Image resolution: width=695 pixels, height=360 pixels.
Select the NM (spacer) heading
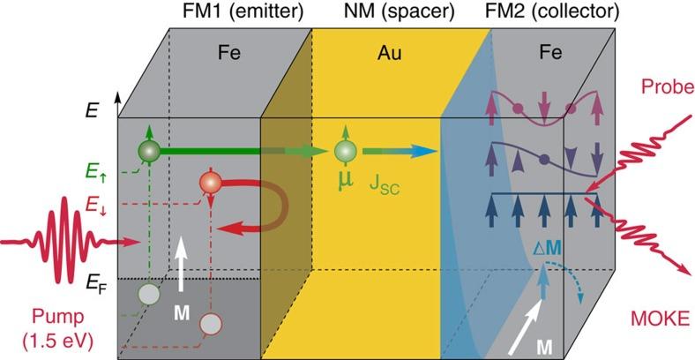click(x=413, y=11)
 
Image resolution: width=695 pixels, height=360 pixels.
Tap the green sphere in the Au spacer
click(x=344, y=151)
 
